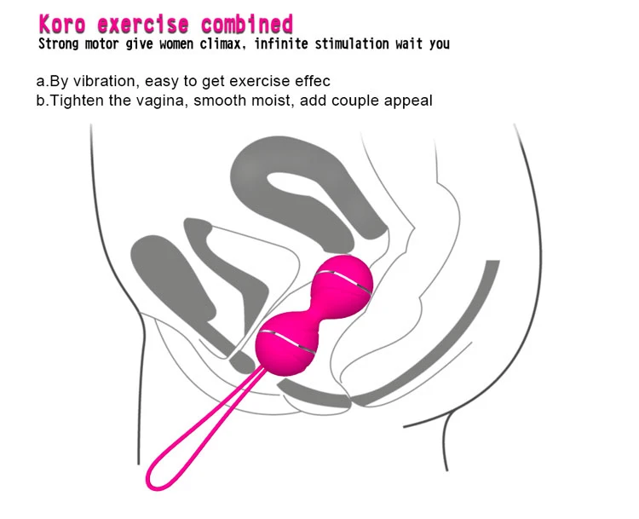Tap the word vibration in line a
click(x=103, y=81)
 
